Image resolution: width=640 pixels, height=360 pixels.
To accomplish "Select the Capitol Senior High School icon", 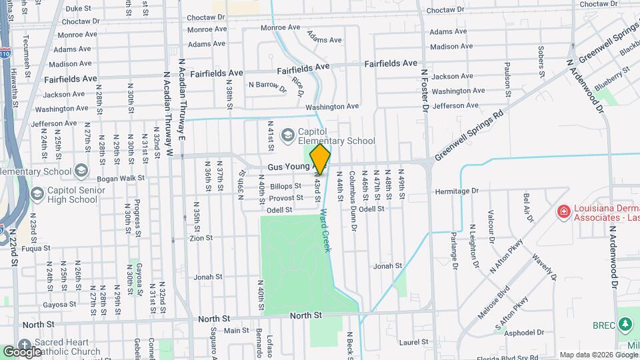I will tap(37, 194).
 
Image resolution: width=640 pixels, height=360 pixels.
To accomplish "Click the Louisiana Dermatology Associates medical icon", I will tap(563, 211).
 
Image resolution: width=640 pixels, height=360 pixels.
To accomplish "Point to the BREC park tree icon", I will tap(625, 325).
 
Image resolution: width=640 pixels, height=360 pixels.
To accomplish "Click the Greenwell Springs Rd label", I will tap(468, 137).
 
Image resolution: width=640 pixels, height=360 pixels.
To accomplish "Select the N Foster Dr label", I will tap(423, 87).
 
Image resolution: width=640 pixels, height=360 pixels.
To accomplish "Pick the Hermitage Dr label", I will tap(457, 191).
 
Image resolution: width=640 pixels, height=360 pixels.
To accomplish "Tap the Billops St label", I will tap(287, 187).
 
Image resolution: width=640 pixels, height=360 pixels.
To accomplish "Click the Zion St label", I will tap(201, 238).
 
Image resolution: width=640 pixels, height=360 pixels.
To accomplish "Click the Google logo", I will tap(23, 351).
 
